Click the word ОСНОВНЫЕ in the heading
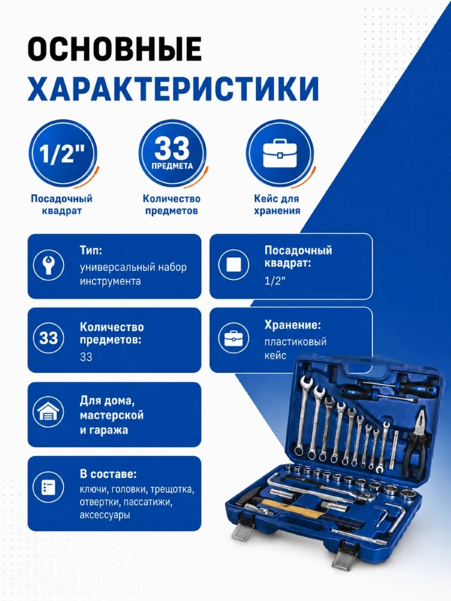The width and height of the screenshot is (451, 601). coord(114,49)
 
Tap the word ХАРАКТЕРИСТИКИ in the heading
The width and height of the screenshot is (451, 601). coord(173,89)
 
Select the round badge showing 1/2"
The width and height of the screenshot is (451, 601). coord(63,153)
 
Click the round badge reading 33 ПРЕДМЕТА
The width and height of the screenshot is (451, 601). coord(172,153)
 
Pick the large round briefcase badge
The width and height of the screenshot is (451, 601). coord(280,153)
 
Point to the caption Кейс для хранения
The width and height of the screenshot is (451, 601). coord(277,205)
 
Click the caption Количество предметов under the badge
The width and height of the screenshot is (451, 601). coord(171,205)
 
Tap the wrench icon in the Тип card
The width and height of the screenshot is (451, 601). coord(48,264)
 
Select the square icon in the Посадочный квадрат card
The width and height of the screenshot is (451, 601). coord(233,264)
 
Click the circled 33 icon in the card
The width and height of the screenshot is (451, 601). coord(48,338)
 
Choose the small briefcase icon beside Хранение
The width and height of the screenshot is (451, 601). coord(233,338)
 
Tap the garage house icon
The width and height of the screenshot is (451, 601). coord(48,412)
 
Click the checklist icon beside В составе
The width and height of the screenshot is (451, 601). coord(48,487)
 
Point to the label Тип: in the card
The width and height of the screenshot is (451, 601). coord(91,250)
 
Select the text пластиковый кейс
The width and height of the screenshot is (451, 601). coord(295,349)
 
